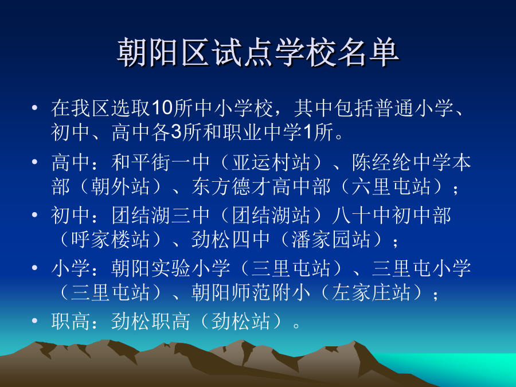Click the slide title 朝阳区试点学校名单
tap(258, 53)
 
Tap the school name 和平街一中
tap(161, 162)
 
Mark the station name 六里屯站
tap(391, 186)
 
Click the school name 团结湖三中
tap(161, 215)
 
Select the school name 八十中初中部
tap(392, 215)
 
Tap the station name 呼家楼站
tap(110, 239)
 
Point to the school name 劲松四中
tap(230, 239)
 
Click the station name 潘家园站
tap(331, 239)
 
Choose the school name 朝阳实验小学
tap(170, 268)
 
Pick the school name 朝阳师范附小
tap(251, 292)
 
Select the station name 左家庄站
tap(371, 292)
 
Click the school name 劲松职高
tap(150, 321)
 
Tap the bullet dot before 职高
tap(34, 320)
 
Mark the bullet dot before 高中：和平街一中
tap(34, 162)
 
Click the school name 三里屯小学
tap(421, 268)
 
